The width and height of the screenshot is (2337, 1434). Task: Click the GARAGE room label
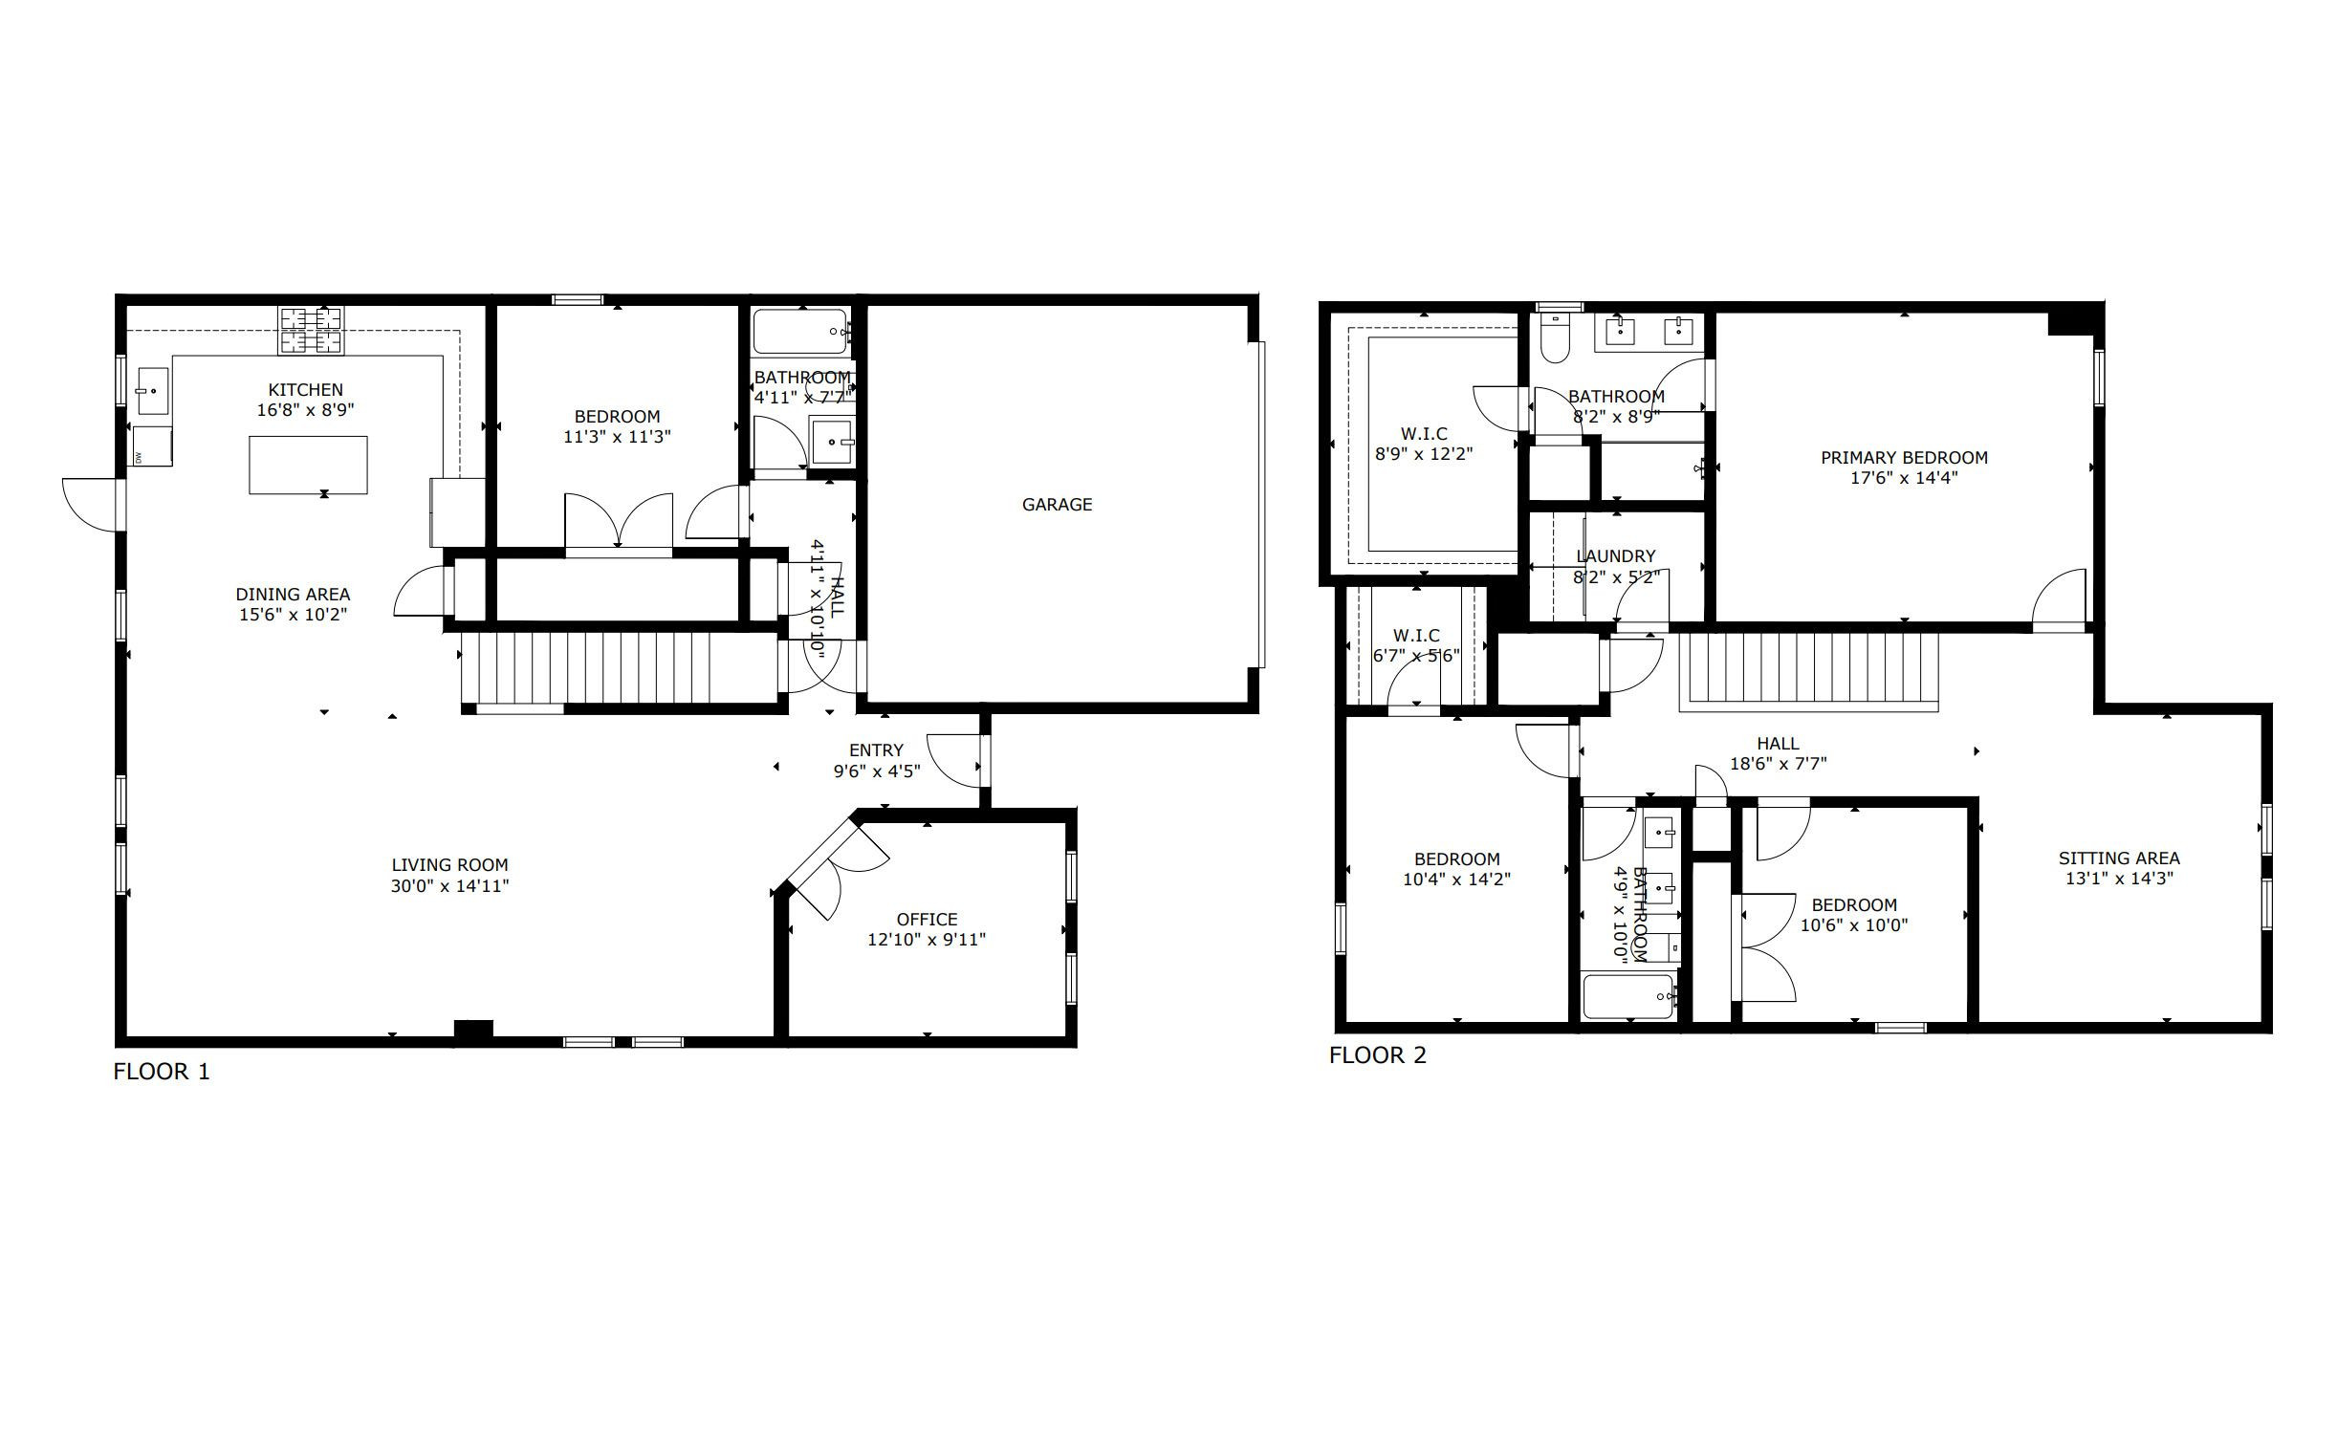[x=1057, y=504]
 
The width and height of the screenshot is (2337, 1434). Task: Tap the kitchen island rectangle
[x=308, y=465]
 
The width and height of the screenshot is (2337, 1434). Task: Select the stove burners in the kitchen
[x=311, y=330]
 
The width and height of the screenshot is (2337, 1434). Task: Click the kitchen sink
[x=152, y=391]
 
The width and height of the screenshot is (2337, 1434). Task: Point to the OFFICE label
[x=927, y=919]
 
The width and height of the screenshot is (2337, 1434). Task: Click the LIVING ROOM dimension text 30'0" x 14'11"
[x=449, y=885]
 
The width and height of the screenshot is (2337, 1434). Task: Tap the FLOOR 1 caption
[x=162, y=1071]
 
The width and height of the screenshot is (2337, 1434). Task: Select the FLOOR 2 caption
[x=1377, y=1054]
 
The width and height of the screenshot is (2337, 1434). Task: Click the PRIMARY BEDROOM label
[x=1904, y=457]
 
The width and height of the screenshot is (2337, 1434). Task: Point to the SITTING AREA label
[x=2119, y=858]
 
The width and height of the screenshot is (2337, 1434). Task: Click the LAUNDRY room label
[x=1615, y=555]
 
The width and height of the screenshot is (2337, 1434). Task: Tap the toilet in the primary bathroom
[x=1554, y=339]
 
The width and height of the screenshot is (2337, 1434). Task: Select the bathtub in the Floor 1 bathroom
[x=801, y=331]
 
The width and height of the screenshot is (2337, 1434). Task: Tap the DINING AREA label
[x=293, y=594]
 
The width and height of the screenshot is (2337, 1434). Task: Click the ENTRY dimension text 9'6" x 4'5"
[x=877, y=771]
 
